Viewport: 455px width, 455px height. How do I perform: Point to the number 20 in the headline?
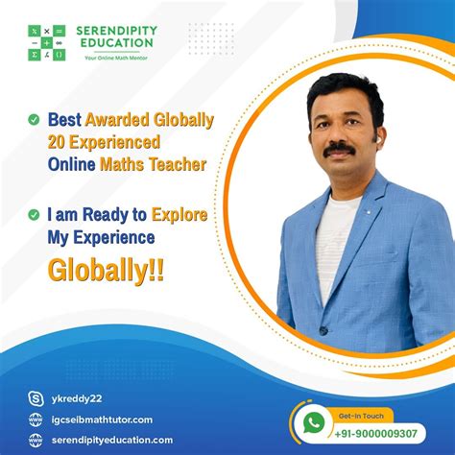click(60, 142)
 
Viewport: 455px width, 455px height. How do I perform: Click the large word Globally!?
click(106, 268)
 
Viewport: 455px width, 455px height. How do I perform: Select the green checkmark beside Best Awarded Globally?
click(34, 121)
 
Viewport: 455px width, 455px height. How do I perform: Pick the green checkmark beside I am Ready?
click(34, 215)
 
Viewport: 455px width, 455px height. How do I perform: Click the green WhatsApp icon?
click(311, 423)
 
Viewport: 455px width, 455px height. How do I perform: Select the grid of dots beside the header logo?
click(211, 42)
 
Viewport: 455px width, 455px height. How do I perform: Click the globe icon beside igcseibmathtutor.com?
click(36, 419)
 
